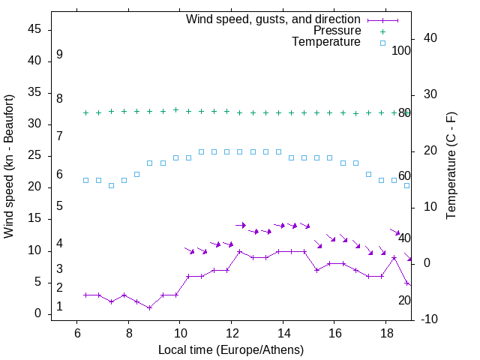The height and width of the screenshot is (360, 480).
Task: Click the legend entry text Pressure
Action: coord(337,31)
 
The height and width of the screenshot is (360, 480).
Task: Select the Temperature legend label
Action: coord(326,42)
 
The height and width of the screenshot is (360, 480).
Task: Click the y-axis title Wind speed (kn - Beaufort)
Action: coord(9,166)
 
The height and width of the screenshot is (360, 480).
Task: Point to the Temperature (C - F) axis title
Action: coord(451,166)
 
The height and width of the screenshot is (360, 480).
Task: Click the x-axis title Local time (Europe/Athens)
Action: coord(231,350)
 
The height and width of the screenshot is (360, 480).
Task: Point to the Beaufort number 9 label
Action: coord(59,55)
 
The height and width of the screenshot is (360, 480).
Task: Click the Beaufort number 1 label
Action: coord(59,307)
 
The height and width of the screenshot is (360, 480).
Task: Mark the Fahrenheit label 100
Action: coord(401,50)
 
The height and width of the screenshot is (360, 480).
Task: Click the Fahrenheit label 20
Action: coord(404,300)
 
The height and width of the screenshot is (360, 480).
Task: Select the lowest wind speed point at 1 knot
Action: coord(150,307)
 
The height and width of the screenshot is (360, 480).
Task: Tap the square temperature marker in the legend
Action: coord(382,43)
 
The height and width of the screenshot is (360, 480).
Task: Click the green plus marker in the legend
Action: coord(382,31)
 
